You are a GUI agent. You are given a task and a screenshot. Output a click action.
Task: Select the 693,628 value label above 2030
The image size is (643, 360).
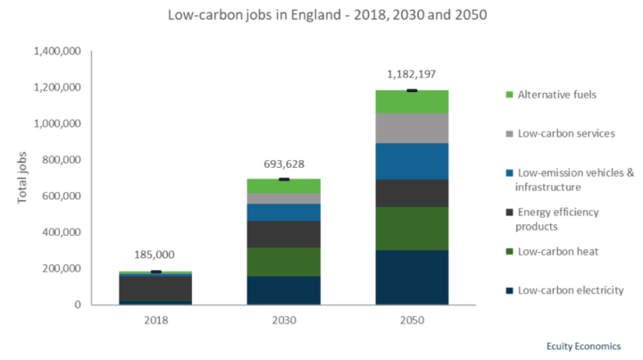[x=284, y=164]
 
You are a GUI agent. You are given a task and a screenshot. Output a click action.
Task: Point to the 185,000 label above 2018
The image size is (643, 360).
[x=156, y=255]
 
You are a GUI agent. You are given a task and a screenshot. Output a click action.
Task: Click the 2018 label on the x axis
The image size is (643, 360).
[x=156, y=319]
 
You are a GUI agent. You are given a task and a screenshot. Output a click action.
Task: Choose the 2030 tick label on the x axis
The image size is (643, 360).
[x=284, y=319]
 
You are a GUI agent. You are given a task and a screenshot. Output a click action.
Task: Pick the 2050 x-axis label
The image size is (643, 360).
[x=411, y=319]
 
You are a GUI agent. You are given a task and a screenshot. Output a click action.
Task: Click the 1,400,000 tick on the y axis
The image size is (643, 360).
[x=56, y=52]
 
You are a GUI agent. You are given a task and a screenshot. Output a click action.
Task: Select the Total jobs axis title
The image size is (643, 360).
[x=22, y=177]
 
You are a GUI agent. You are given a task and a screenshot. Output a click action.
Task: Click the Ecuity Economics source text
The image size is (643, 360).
[x=582, y=345]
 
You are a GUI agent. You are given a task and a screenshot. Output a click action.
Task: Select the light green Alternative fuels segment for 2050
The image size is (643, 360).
[x=412, y=102]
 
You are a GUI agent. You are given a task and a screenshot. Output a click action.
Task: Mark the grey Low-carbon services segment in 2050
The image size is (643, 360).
[x=412, y=129]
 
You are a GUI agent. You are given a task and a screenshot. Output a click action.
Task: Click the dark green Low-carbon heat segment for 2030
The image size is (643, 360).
[x=284, y=262]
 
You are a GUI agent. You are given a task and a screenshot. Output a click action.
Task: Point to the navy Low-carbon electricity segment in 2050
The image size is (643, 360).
[x=412, y=277]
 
